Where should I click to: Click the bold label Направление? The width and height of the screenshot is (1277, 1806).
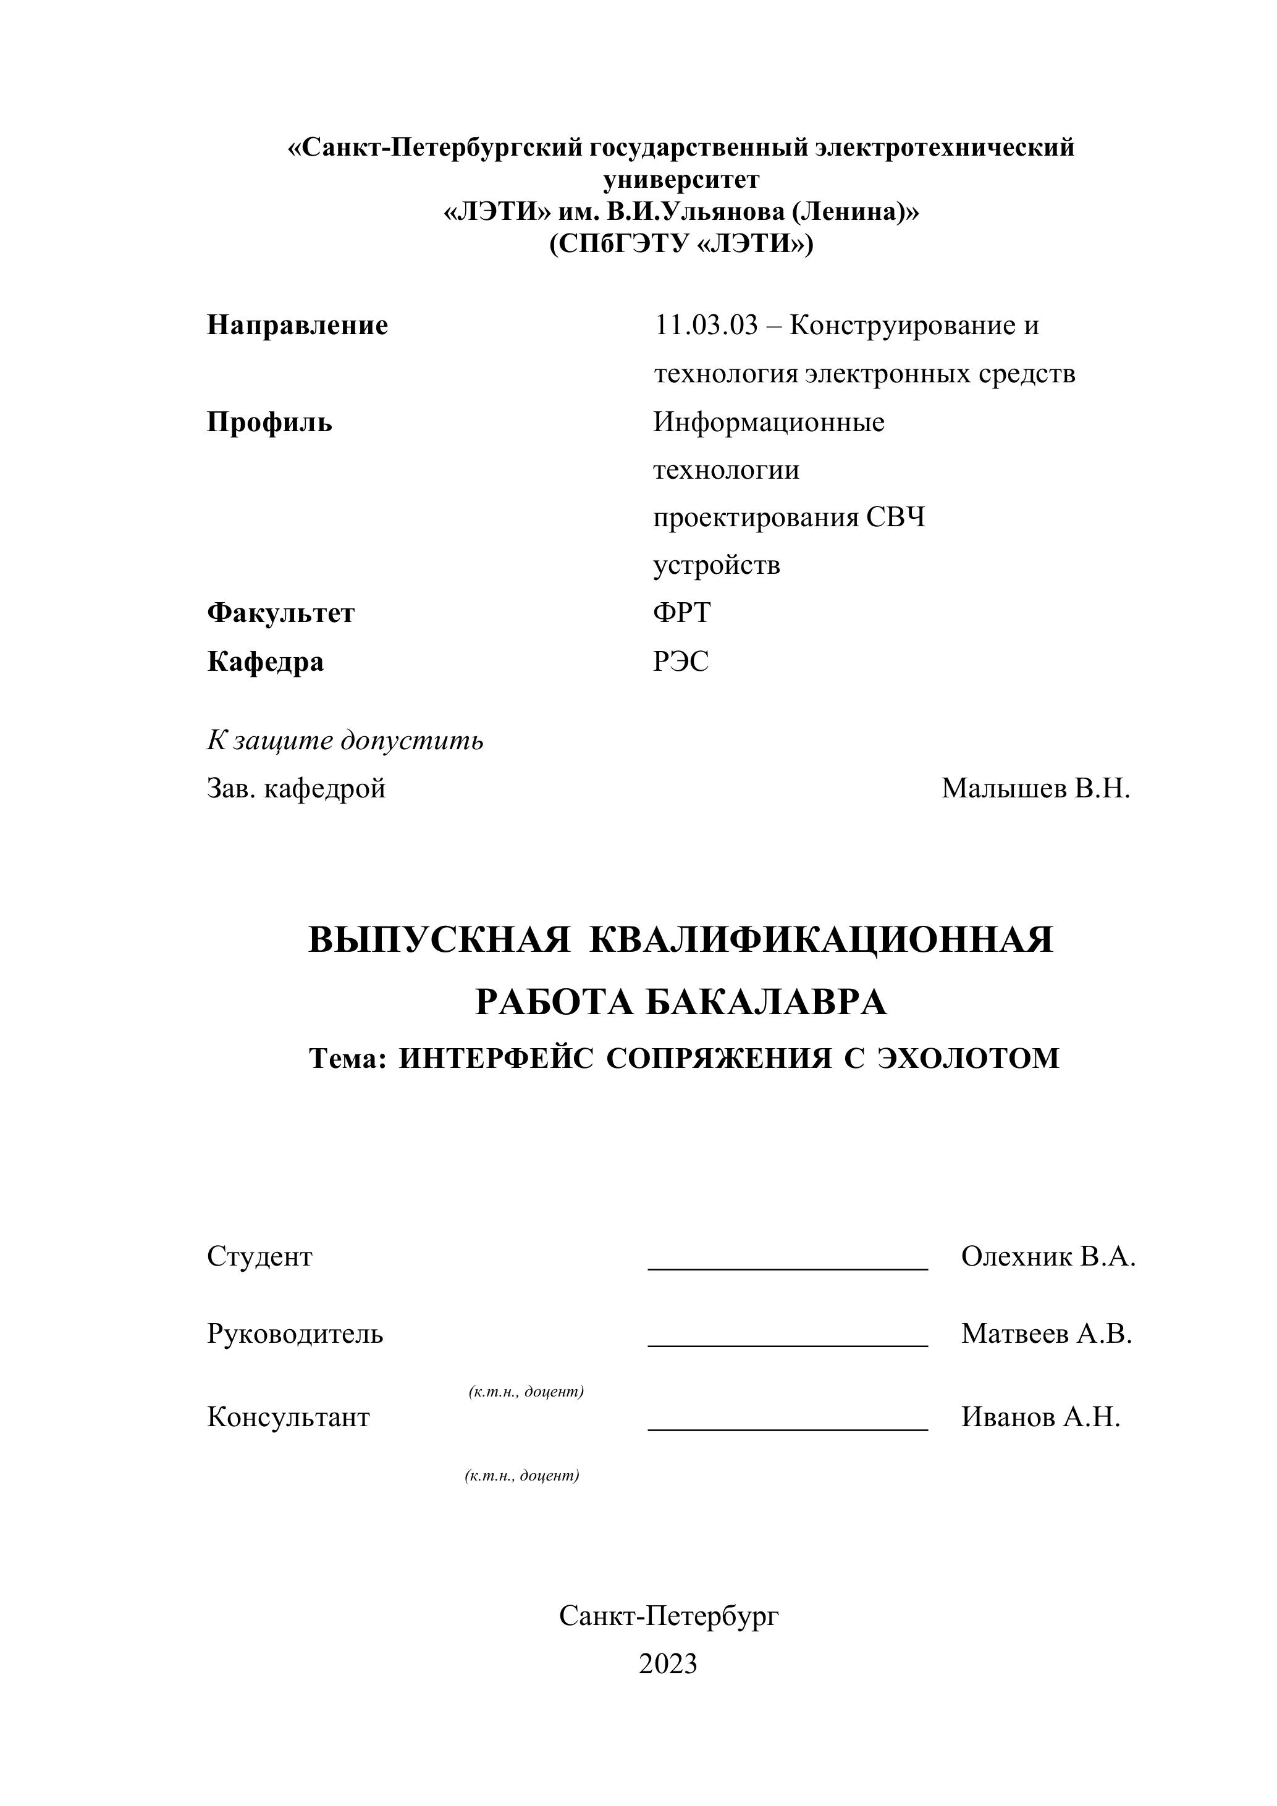click(x=297, y=325)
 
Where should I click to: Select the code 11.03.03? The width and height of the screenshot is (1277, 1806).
click(x=705, y=325)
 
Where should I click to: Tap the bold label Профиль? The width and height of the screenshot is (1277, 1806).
click(x=269, y=422)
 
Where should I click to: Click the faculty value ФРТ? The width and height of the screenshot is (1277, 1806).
click(x=681, y=613)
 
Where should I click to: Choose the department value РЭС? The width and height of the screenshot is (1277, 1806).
click(x=681, y=661)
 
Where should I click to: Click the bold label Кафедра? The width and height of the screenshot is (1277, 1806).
click(x=265, y=661)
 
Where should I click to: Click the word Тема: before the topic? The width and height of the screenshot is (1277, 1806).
click(x=348, y=1059)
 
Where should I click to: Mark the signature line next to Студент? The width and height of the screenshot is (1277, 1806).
click(x=788, y=1267)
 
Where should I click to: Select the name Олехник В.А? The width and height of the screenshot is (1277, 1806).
click(x=1048, y=1257)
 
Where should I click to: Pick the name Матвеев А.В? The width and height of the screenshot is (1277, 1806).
click(x=1047, y=1334)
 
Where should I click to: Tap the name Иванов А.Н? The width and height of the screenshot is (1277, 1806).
click(x=1040, y=1417)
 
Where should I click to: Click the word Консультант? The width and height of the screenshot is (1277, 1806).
click(x=288, y=1417)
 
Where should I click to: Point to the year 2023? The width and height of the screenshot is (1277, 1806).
click(x=668, y=1665)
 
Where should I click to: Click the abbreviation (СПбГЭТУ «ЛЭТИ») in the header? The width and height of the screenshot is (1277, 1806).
click(x=681, y=245)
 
